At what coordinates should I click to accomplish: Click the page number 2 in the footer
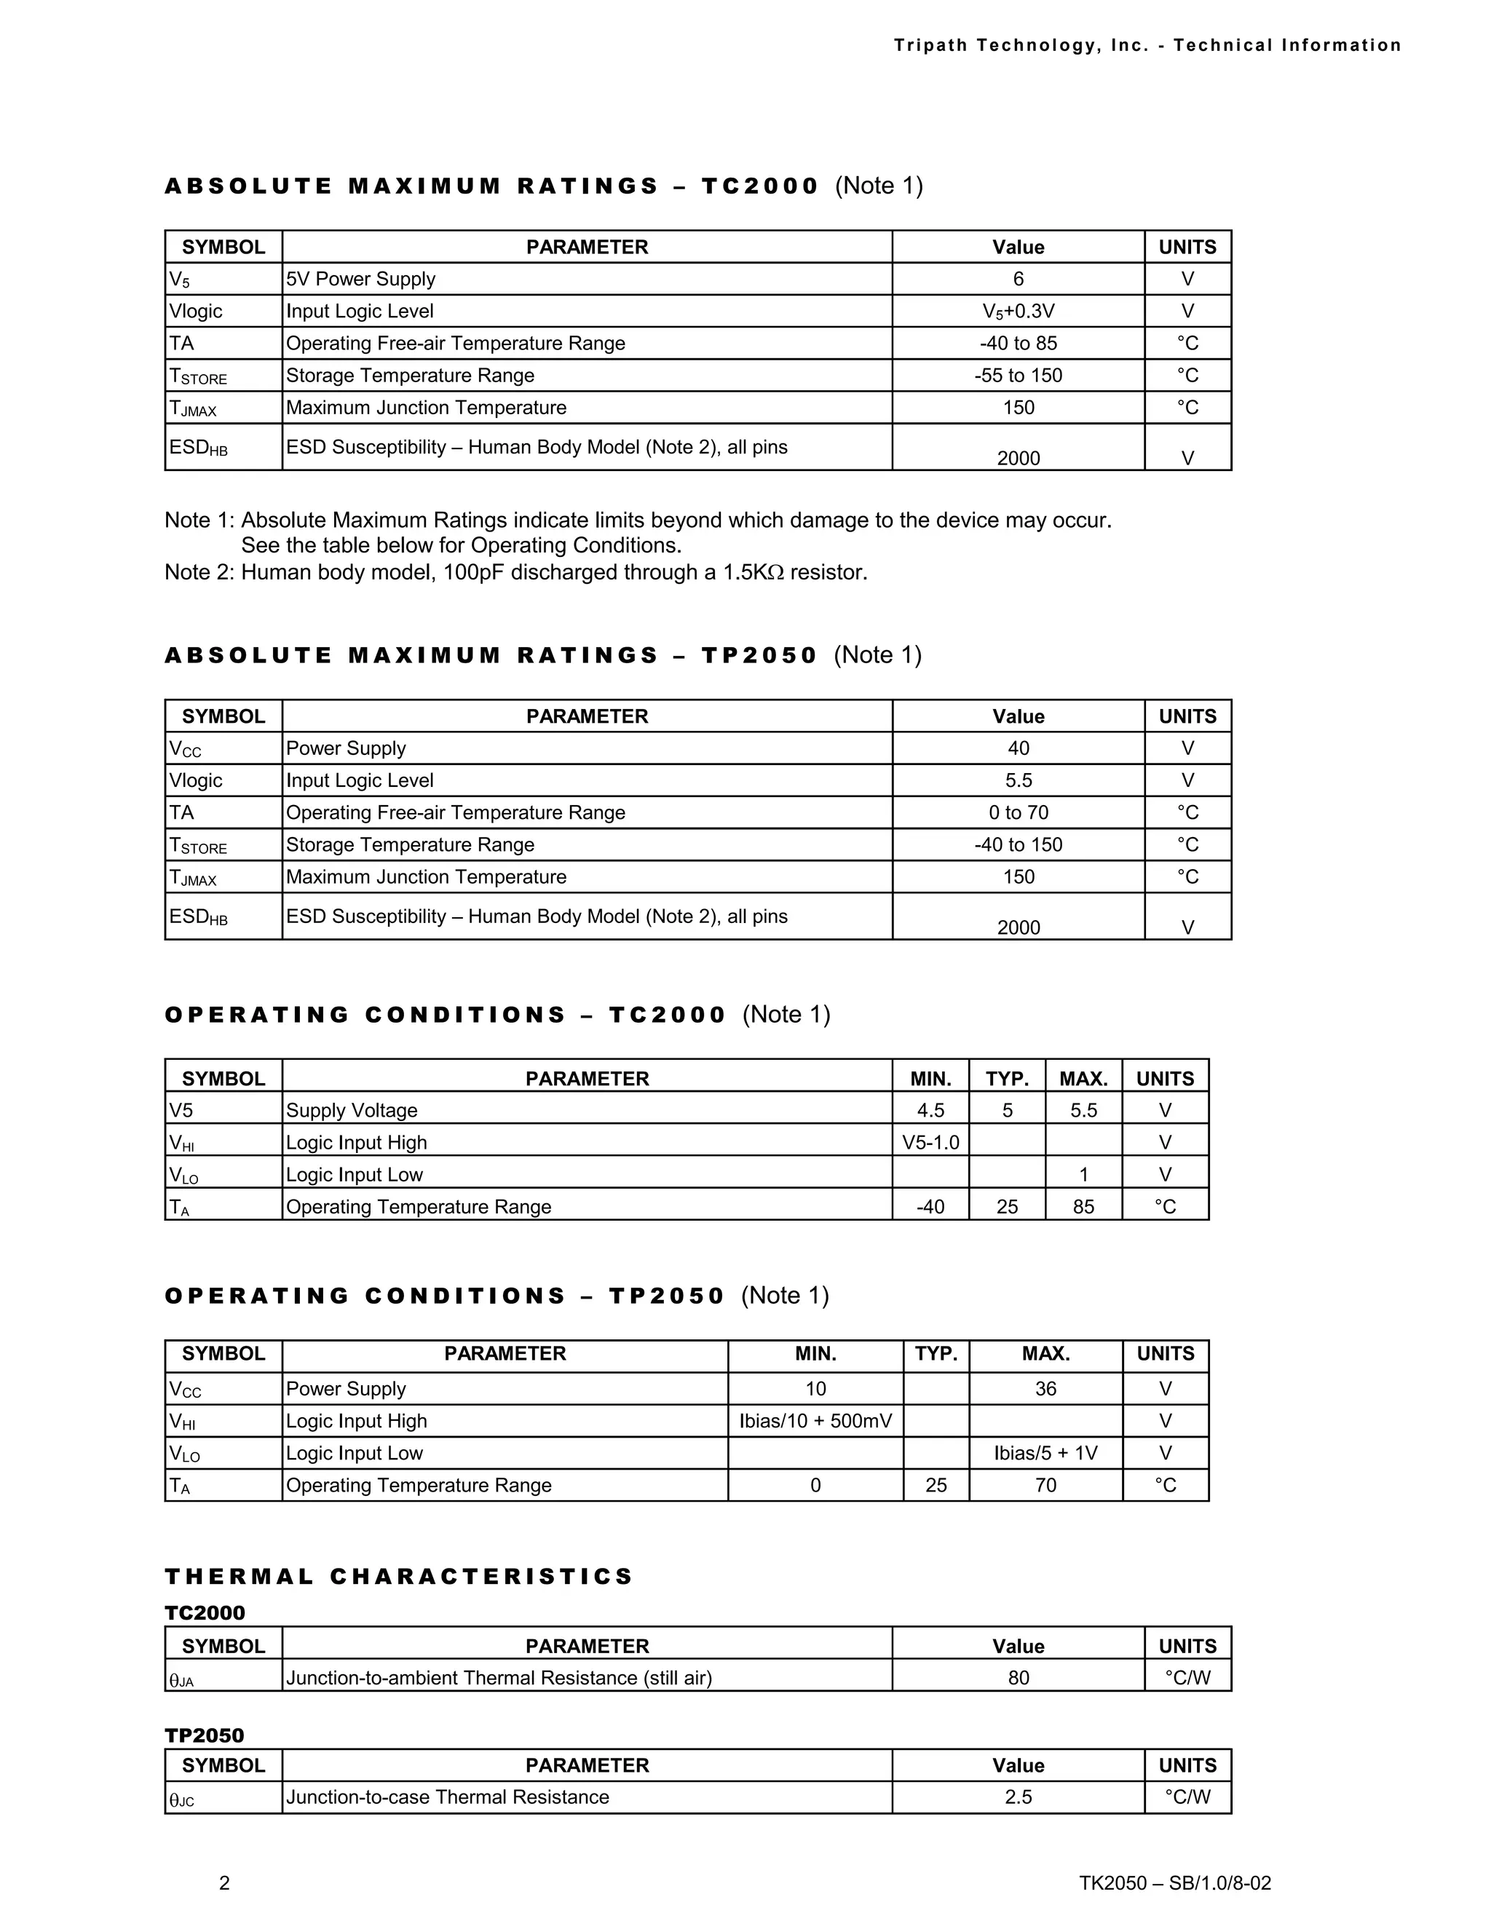pyautogui.click(x=224, y=1882)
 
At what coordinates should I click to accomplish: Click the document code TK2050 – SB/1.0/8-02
pyautogui.click(x=1175, y=1882)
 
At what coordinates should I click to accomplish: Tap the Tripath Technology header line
pyautogui.click(x=1147, y=45)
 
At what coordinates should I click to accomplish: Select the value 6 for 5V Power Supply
pyautogui.click(x=1018, y=279)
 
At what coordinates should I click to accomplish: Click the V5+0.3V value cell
pyautogui.click(x=1018, y=311)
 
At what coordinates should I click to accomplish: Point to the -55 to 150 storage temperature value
pyautogui.click(x=1018, y=376)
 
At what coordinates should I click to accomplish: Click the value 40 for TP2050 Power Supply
pyautogui.click(x=1018, y=748)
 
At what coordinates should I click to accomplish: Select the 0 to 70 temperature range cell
pyautogui.click(x=1018, y=812)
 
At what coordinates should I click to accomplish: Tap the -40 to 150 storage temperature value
pyautogui.click(x=1018, y=845)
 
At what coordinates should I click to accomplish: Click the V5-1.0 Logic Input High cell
pyautogui.click(x=930, y=1143)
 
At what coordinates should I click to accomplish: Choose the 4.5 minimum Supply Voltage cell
pyautogui.click(x=930, y=1110)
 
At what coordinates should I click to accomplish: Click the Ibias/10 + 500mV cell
pyautogui.click(x=815, y=1421)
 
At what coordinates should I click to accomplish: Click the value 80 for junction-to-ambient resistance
pyautogui.click(x=1018, y=1677)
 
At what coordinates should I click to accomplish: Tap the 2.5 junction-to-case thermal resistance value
pyautogui.click(x=1018, y=1797)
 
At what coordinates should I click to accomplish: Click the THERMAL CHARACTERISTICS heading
pyautogui.click(x=399, y=1577)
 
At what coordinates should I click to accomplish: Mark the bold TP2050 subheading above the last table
pyautogui.click(x=204, y=1735)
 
